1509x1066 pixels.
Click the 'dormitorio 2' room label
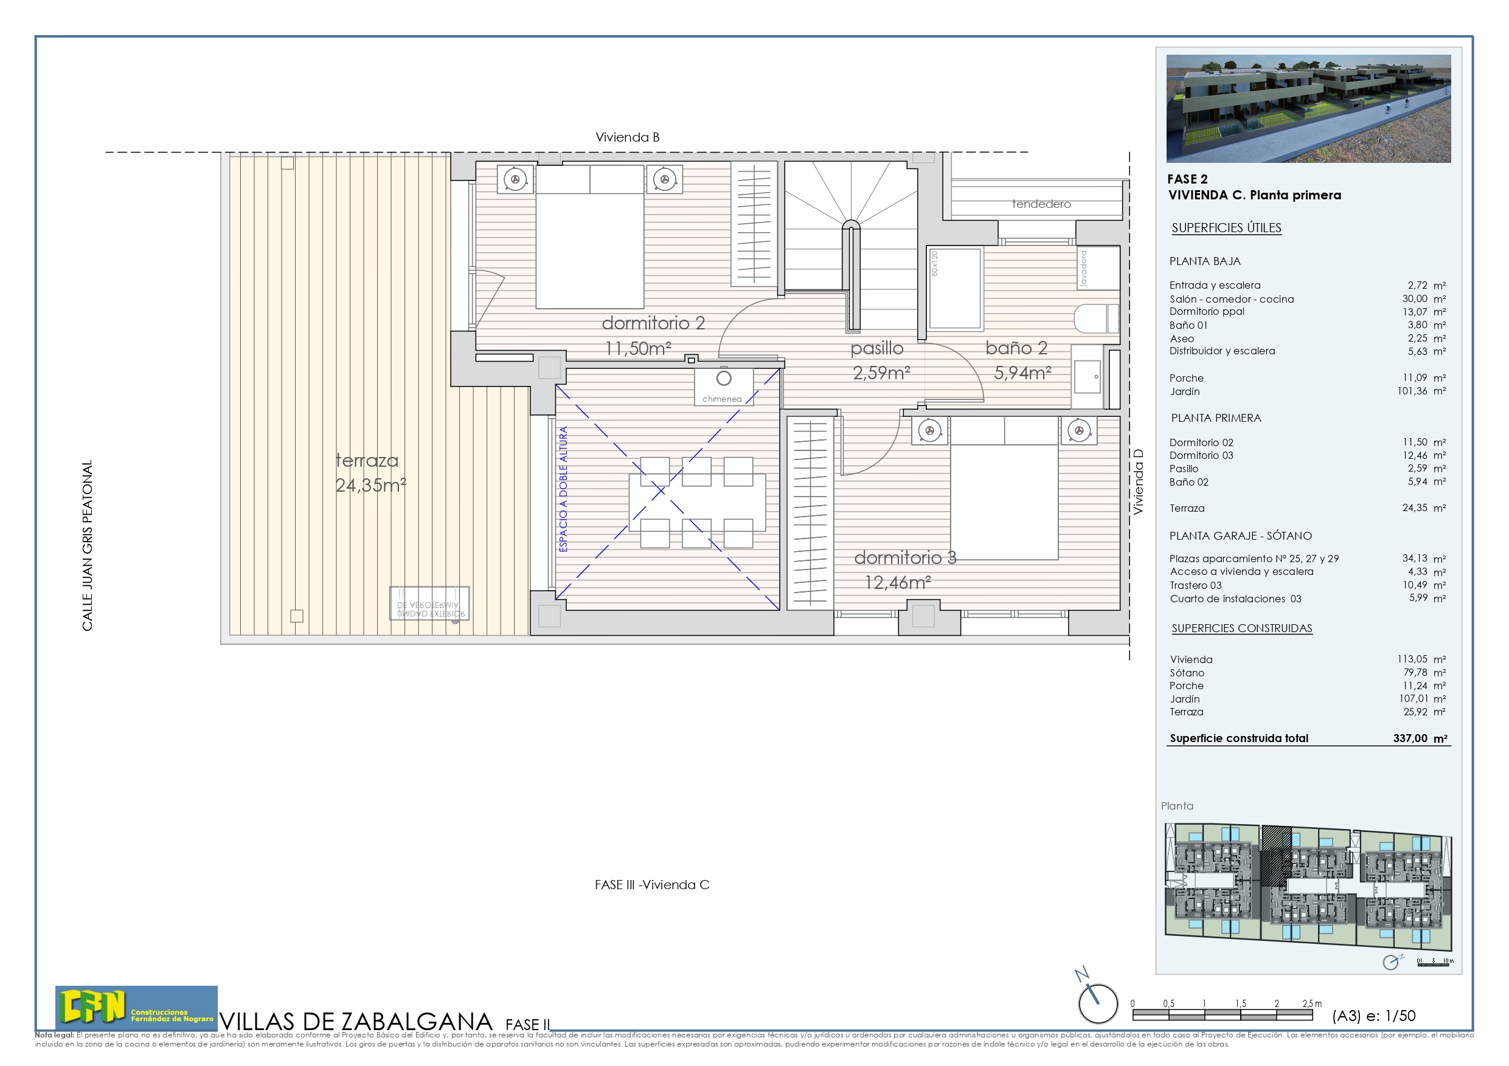(653, 323)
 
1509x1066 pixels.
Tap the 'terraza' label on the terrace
(367, 461)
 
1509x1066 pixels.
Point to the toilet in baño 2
(1095, 319)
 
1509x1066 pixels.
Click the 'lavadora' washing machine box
(1098, 267)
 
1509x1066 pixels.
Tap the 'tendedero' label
(1041, 204)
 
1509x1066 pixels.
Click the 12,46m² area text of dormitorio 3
(897, 583)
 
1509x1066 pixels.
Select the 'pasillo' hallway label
(876, 348)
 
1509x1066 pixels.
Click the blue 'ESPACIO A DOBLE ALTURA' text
(563, 489)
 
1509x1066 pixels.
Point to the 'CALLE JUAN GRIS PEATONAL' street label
(88, 545)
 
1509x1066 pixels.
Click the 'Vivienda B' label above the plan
(627, 137)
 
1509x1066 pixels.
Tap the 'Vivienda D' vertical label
(1139, 481)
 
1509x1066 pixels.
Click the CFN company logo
(136, 1006)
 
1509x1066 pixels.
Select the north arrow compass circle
(1098, 1003)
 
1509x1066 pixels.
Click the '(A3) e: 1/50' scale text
(1373, 1016)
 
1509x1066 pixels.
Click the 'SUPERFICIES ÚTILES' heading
(1226, 228)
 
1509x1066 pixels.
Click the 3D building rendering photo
(1308, 108)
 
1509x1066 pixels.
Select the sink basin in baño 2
(1088, 377)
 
